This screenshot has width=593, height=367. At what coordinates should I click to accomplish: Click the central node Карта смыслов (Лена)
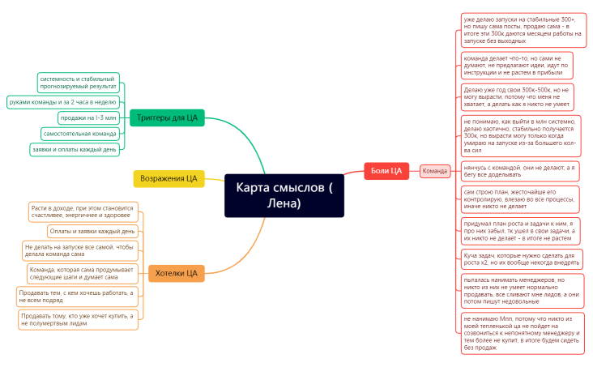coord(288,195)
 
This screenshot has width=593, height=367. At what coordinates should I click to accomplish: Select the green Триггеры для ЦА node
coord(167,117)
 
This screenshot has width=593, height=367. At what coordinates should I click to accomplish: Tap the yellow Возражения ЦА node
coord(169,178)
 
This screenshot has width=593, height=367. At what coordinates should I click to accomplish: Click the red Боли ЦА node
coord(386,170)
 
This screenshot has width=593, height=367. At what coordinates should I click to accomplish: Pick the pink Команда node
coord(435,171)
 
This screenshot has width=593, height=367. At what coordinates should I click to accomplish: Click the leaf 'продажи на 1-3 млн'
coord(89,117)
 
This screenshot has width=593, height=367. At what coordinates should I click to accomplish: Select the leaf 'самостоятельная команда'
coord(80,133)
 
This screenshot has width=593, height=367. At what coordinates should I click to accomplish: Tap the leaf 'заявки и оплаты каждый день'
coord(75,149)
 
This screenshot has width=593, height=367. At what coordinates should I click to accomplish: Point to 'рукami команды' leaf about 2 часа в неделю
coord(63,101)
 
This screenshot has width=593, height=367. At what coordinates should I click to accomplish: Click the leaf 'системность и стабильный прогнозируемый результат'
coord(78,82)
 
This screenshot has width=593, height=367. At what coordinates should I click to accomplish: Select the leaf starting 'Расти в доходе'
coord(83,211)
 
